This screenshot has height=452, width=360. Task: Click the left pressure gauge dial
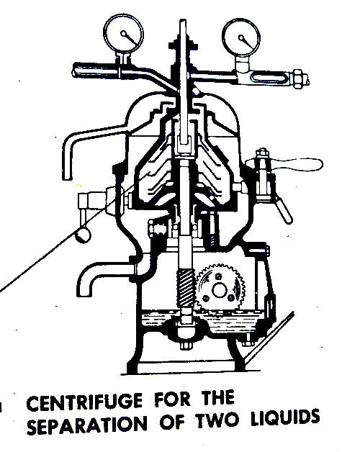(123, 33)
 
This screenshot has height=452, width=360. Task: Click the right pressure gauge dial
(241, 37)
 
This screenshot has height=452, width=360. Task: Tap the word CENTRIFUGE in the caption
(85, 402)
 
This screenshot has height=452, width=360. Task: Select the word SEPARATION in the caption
(87, 425)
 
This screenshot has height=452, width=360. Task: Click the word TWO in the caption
(218, 421)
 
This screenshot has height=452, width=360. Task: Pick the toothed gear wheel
(220, 290)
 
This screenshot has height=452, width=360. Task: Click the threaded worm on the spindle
(186, 289)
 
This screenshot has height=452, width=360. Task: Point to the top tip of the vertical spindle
(183, 20)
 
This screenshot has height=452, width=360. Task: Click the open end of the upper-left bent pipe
(67, 178)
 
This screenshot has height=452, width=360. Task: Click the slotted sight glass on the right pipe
(266, 78)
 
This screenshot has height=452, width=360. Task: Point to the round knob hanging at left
(83, 235)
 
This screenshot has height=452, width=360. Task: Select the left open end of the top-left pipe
(74, 71)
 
